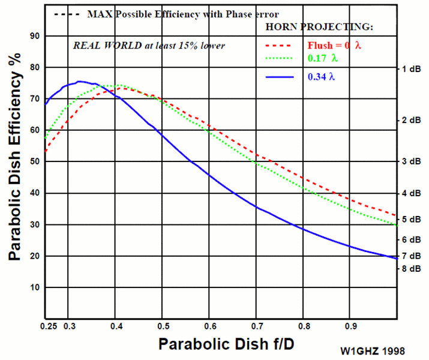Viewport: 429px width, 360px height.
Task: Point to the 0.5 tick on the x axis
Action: (x=163, y=326)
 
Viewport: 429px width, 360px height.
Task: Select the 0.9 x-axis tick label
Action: (x=351, y=326)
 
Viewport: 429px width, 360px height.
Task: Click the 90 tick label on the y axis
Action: (x=34, y=36)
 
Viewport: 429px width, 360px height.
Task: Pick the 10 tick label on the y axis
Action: (x=34, y=287)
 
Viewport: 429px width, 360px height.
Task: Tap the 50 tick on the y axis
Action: (x=34, y=161)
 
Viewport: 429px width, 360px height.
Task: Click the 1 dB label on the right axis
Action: (x=412, y=69)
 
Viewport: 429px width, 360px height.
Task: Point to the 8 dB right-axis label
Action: (x=412, y=268)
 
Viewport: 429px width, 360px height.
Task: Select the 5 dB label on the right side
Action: (x=412, y=220)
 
